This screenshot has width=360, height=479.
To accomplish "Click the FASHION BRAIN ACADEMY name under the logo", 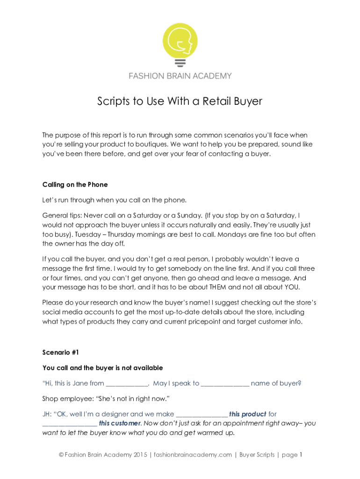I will pos(180,76).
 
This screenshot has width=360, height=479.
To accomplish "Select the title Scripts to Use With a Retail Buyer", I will pos(180,101).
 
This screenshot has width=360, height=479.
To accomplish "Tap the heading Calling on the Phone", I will pos(75,184).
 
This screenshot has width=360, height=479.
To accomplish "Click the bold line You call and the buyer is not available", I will pos(102,368).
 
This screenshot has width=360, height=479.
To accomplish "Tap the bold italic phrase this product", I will pos(248,414).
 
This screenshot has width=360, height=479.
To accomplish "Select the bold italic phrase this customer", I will pos(120,423).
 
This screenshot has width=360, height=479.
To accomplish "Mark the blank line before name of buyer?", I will pos(225,384).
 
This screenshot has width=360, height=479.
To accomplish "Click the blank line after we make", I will pos(202,415).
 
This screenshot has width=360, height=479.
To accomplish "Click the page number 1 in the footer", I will pos(302,455).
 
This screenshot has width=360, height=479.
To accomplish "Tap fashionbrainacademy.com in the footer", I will pos(193,455).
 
